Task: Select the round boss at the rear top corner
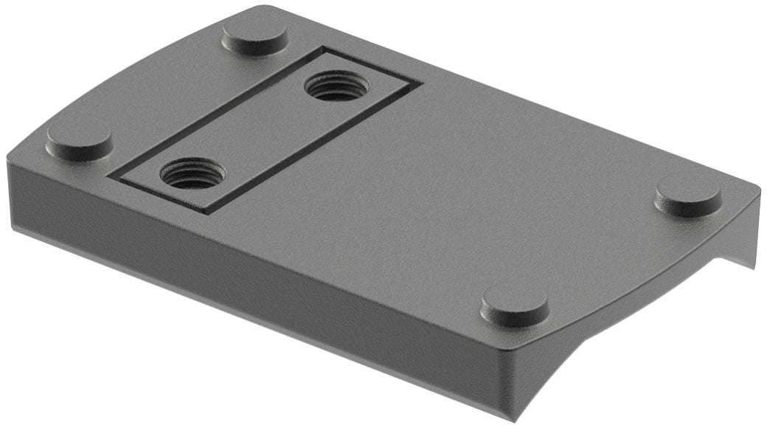(255, 37)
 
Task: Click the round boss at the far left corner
(80, 139)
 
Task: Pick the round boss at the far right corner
(688, 196)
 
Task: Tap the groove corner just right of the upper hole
(419, 83)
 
